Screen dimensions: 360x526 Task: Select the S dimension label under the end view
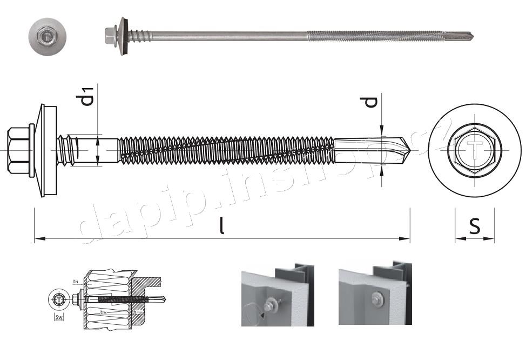pyautogui.click(x=474, y=226)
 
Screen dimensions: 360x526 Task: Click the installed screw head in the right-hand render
pyautogui.click(x=376, y=297)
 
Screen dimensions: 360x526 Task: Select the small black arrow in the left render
pyautogui.click(x=262, y=313)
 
